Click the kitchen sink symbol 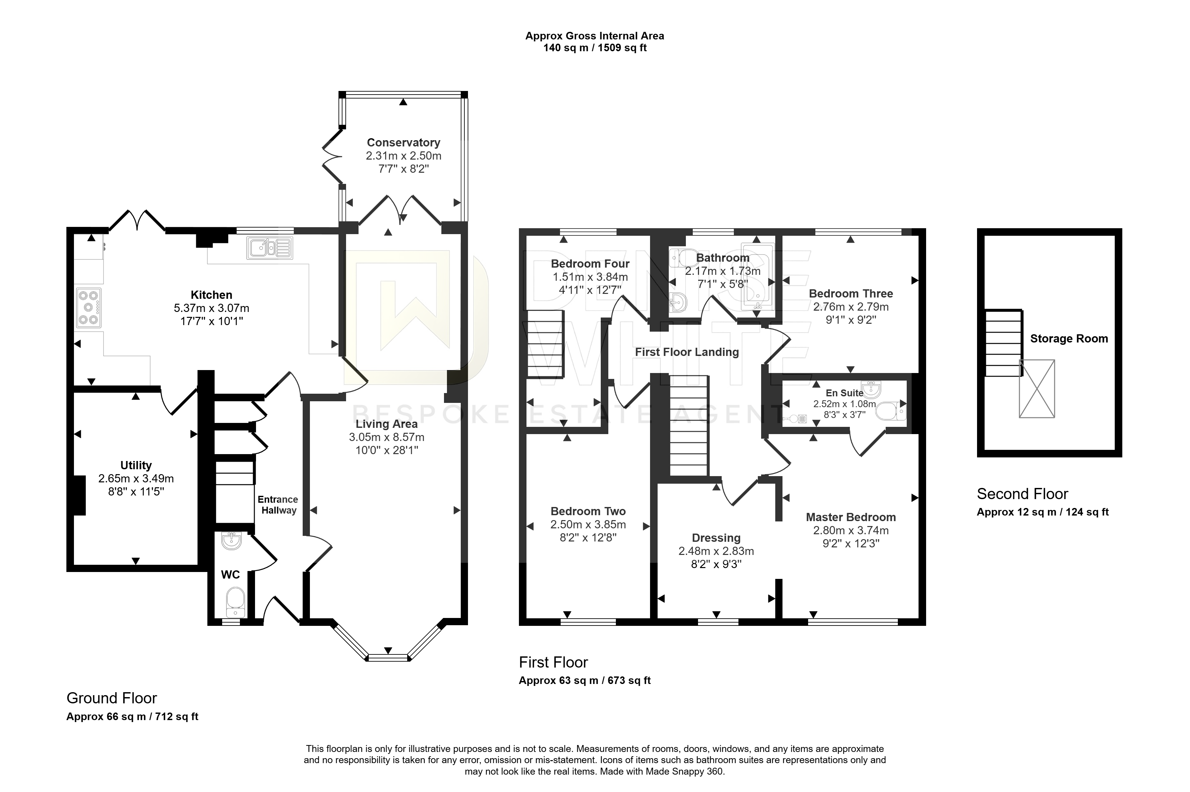click(270, 248)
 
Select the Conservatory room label click(404, 143)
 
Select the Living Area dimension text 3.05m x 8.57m click(387, 437)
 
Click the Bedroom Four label click(590, 264)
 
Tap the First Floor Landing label click(687, 352)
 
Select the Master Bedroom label click(851, 517)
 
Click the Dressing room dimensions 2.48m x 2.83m click(716, 551)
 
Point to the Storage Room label click(1069, 339)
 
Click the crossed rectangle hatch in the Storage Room click(1036, 388)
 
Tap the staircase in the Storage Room click(1003, 343)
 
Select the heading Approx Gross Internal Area click(595, 36)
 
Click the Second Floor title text click(1022, 494)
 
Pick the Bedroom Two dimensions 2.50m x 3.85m click(588, 524)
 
